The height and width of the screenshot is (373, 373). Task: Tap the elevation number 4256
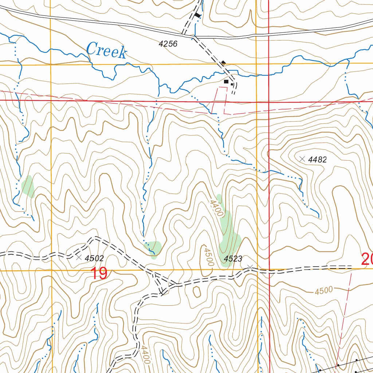[x=168, y=44]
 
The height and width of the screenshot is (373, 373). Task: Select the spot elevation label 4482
[x=317, y=160]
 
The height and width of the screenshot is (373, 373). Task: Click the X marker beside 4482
[x=302, y=159]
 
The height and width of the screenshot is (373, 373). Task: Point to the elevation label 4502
[x=94, y=258]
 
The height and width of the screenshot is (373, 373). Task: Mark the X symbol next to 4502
[x=79, y=258]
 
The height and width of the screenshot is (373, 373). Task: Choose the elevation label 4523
[x=233, y=259]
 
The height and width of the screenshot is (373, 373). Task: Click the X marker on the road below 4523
[x=250, y=268]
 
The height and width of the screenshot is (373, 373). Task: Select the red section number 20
[x=367, y=259]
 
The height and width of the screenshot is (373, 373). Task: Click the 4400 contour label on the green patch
[x=216, y=206]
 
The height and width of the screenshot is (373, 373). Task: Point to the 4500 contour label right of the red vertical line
[x=324, y=290]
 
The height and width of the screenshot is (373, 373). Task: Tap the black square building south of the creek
[x=226, y=82]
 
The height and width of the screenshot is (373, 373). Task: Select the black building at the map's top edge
[x=197, y=15]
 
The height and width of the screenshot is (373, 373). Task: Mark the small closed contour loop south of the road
[x=197, y=291]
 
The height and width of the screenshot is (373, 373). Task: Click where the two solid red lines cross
[x=268, y=102]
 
